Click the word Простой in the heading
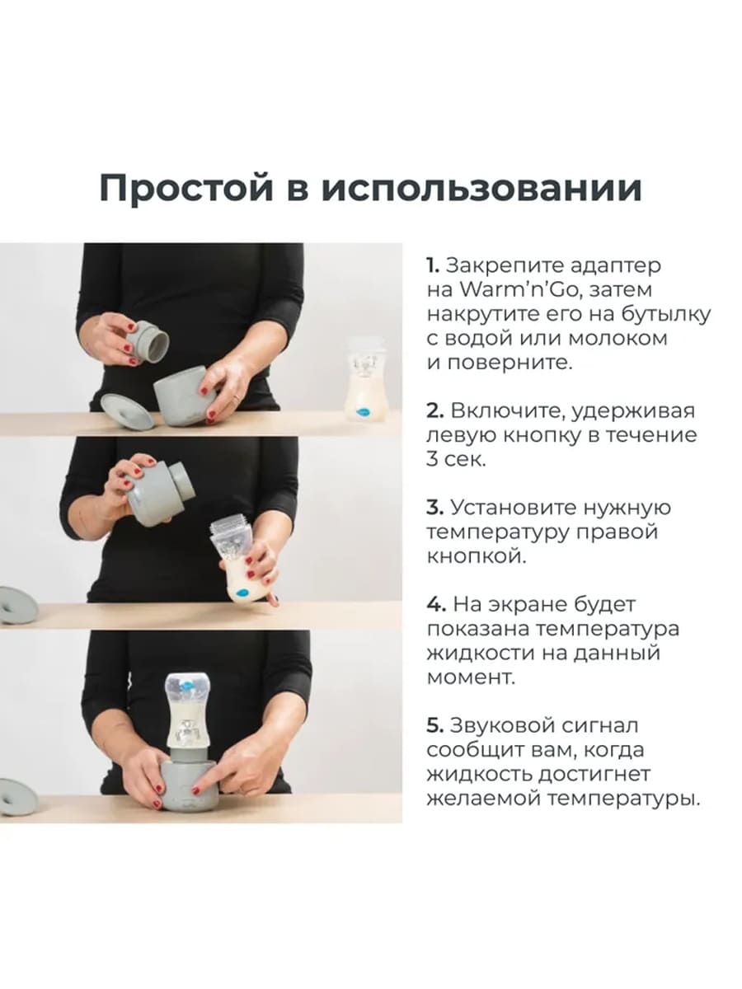click(186, 188)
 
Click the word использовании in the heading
click(481, 188)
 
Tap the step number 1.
click(433, 265)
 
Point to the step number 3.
click(435, 507)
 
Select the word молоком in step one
click(618, 339)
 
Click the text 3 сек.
click(457, 459)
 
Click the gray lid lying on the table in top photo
click(128, 409)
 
